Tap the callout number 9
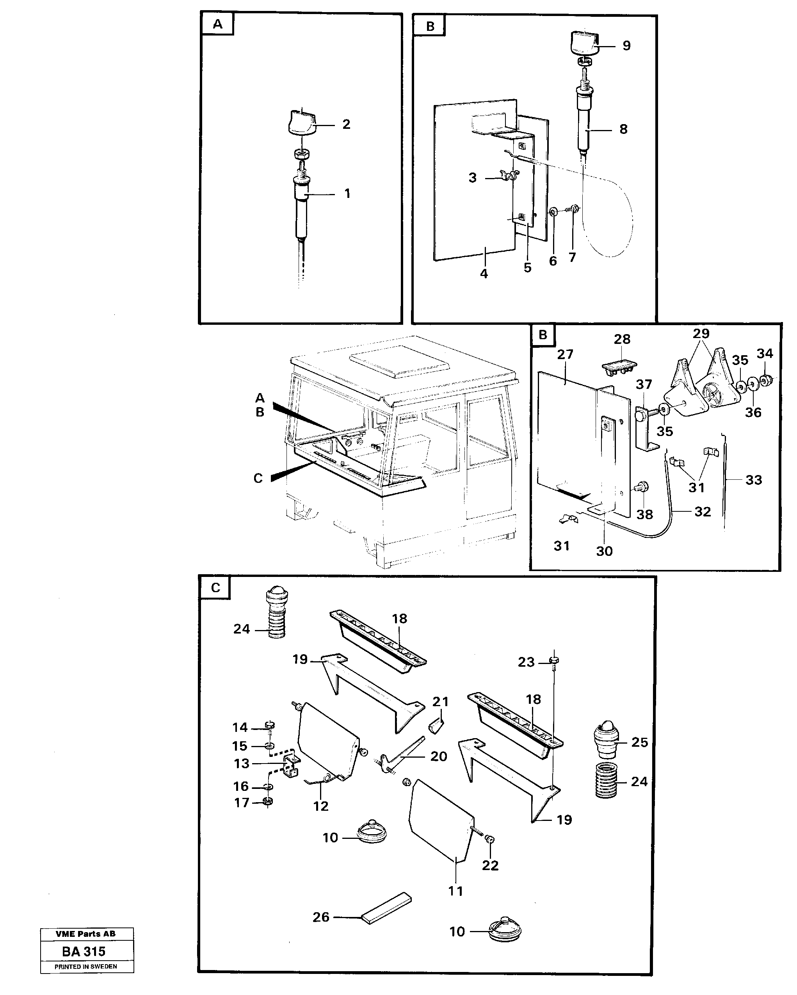pyautogui.click(x=626, y=46)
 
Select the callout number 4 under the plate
pyautogui.click(x=484, y=274)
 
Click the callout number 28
pyautogui.click(x=622, y=339)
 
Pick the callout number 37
pyautogui.click(x=644, y=384)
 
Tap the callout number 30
pyautogui.click(x=604, y=551)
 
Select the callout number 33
pyautogui.click(x=754, y=480)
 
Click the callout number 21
pyautogui.click(x=440, y=702)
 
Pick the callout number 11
pyautogui.click(x=455, y=891)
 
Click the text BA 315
pyautogui.click(x=84, y=952)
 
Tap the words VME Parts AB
pyautogui.click(x=85, y=934)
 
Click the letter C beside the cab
pyautogui.click(x=258, y=478)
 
